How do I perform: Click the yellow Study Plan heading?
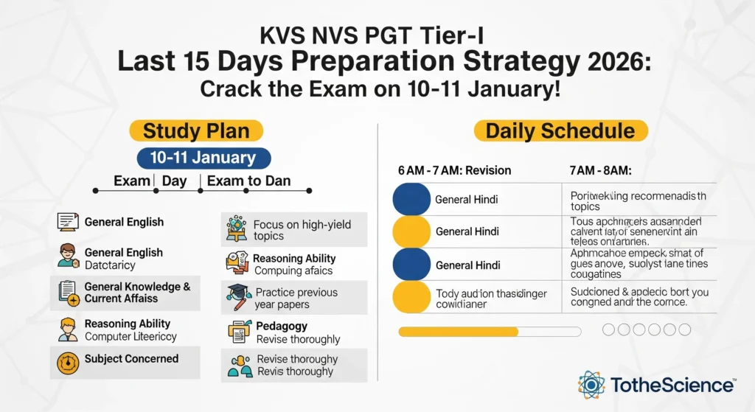[x=195, y=131]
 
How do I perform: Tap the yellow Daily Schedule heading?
[x=560, y=131]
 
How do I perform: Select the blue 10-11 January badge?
[x=204, y=158]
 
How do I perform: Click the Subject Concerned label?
[x=131, y=359]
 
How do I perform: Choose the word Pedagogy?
[x=282, y=326]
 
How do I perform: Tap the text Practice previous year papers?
[x=296, y=298]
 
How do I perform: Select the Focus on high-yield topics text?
[x=302, y=230]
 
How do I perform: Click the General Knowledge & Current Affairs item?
[x=137, y=292]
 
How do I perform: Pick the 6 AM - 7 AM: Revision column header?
[x=454, y=170]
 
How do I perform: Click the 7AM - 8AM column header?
[x=600, y=170]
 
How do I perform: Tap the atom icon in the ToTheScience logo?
[x=591, y=385]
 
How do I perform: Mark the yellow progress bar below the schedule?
[x=458, y=332]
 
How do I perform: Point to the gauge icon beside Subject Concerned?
[x=68, y=362]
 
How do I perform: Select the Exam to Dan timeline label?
[x=248, y=181]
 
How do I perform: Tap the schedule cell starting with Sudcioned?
[x=639, y=297]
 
